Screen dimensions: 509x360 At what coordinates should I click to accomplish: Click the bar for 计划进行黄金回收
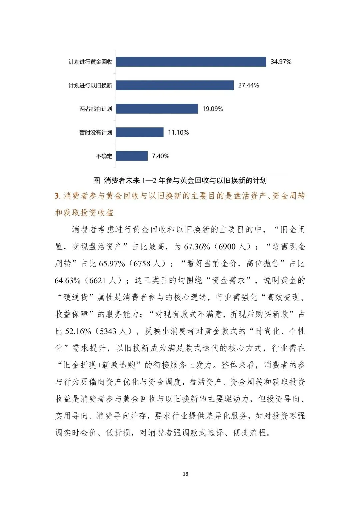click(x=191, y=62)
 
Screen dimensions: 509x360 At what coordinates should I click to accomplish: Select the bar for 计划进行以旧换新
click(x=175, y=85)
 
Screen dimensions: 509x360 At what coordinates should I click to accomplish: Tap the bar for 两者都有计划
click(x=157, y=109)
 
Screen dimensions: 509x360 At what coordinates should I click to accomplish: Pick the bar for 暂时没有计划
click(x=140, y=132)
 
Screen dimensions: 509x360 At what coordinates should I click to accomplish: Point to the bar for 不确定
click(x=132, y=156)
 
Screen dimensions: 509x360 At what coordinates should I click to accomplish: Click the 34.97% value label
click(x=281, y=62)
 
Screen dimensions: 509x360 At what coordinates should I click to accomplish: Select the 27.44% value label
click(x=248, y=85)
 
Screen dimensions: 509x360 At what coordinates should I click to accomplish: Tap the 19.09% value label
click(x=213, y=109)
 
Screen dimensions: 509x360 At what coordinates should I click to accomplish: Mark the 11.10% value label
click(x=178, y=132)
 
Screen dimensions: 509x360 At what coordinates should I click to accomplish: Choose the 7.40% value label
click(x=160, y=156)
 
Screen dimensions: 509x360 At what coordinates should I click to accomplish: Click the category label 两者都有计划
click(x=96, y=109)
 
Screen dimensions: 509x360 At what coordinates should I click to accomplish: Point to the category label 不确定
click(x=104, y=156)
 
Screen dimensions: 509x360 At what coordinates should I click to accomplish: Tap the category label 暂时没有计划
click(x=96, y=133)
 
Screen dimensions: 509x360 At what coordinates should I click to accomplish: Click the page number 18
click(x=185, y=474)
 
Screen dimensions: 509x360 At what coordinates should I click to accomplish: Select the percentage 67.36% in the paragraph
click(x=197, y=247)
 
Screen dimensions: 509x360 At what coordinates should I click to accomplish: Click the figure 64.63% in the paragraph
click(x=68, y=281)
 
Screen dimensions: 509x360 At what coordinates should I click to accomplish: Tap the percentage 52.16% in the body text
click(x=78, y=331)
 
